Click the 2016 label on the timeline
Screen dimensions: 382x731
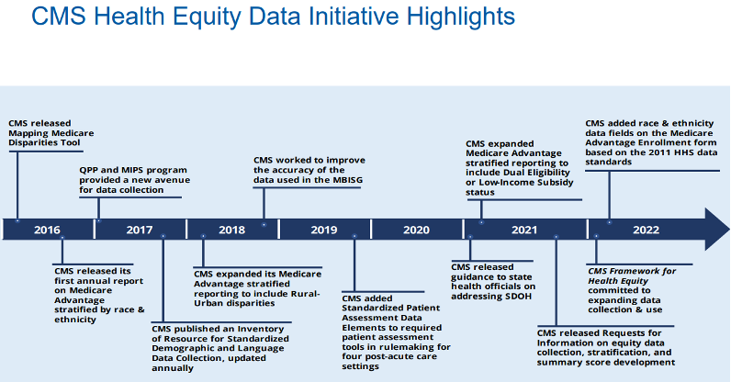(47, 230)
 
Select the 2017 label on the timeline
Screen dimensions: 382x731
(140, 230)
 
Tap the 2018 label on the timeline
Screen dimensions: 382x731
(231, 230)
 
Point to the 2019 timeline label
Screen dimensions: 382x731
(324, 230)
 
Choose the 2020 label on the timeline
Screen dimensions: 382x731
(416, 230)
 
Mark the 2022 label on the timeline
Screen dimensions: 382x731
(646, 230)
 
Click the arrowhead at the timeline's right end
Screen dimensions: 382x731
(715, 229)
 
